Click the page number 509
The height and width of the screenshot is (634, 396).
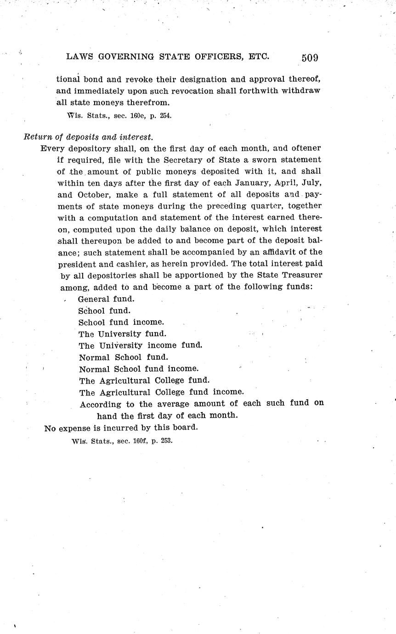[310, 57]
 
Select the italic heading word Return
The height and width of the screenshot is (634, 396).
[36, 137]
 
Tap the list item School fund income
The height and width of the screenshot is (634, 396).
[121, 322]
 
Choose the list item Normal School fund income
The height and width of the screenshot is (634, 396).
[139, 368]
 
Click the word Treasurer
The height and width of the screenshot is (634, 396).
[301, 275]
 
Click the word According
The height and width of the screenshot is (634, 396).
[100, 404]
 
